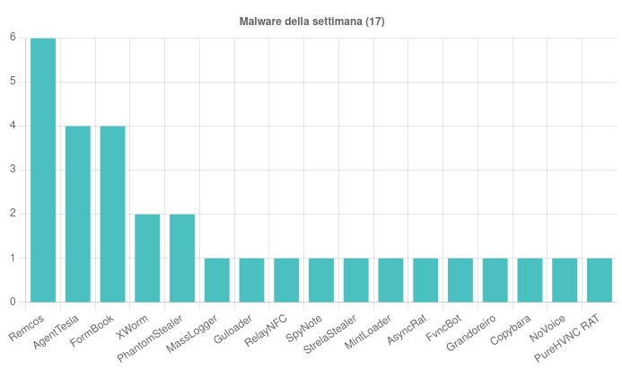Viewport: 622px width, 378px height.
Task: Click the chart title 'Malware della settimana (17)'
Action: [311, 21]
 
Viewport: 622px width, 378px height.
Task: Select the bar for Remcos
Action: [43, 171]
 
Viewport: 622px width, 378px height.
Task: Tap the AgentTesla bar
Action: [78, 214]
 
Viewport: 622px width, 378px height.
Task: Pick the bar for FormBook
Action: [112, 214]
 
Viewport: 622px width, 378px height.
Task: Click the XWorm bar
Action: [147, 258]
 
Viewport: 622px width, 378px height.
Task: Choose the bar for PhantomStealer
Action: [182, 258]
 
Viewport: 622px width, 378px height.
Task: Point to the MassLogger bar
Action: [217, 280]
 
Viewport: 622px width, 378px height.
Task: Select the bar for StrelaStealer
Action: [356, 280]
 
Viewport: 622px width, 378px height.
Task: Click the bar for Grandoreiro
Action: [495, 280]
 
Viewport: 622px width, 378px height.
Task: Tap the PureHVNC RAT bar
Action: [600, 280]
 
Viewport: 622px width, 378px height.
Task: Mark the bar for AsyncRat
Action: [425, 280]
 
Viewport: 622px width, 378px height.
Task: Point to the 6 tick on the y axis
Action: [13, 38]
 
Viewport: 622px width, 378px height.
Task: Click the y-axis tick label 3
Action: [13, 170]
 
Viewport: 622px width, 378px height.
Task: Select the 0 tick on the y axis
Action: [13, 302]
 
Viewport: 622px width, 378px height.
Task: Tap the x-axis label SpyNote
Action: [304, 322]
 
